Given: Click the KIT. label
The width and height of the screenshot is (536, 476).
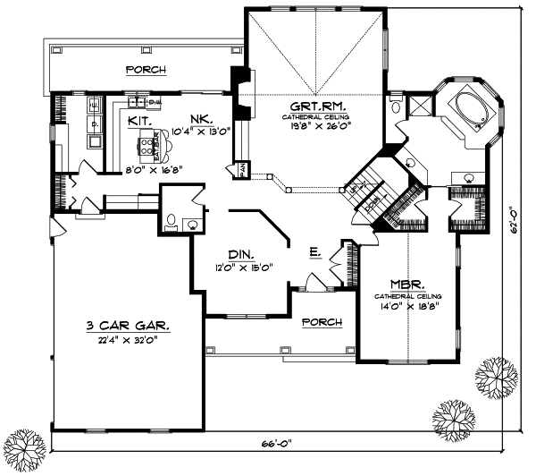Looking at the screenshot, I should click(138, 119).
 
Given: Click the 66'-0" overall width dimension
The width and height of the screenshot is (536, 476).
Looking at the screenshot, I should click(286, 442).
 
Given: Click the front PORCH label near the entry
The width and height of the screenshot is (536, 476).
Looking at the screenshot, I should click(319, 321).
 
